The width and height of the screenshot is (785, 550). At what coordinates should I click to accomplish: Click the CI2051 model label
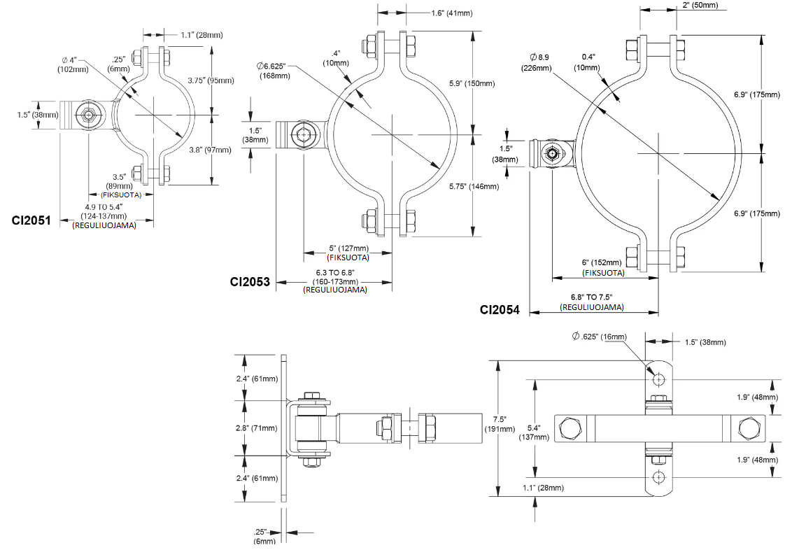31,220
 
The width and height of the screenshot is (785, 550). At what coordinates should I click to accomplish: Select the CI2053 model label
250,282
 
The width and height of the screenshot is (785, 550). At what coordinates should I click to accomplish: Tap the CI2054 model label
500,309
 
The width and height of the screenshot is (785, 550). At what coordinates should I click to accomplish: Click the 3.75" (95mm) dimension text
211,80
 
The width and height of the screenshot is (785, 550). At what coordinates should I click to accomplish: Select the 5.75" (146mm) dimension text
474,186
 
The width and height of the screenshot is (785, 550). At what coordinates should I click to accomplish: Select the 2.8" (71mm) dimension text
256,426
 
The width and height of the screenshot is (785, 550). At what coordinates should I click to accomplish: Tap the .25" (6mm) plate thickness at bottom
264,536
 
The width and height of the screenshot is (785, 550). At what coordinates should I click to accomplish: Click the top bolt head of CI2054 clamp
631,50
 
